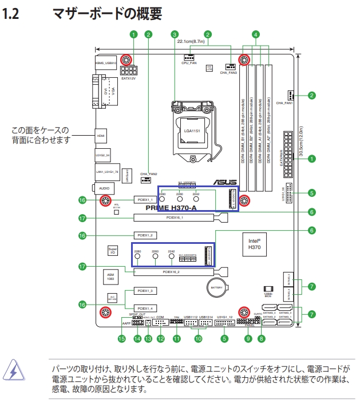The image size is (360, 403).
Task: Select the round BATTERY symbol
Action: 216,287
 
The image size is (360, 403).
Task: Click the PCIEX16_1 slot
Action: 175,218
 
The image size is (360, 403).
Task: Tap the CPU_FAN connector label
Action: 189,63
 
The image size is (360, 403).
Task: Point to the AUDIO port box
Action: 104,188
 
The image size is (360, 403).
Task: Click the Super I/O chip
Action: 113,251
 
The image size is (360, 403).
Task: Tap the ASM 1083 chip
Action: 111,276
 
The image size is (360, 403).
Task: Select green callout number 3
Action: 175,34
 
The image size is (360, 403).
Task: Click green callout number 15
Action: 121,339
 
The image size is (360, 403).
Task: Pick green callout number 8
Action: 261,339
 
